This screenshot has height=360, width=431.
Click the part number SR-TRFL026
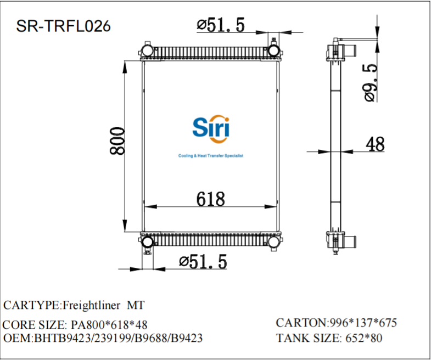click(x=63, y=25)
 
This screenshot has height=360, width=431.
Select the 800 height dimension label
click(x=117, y=141)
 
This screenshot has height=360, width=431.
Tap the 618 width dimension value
click(x=211, y=199)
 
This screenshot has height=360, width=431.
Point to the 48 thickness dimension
click(x=375, y=144)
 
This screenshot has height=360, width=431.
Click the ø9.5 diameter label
click(x=370, y=82)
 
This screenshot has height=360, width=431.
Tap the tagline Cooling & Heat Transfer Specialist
click(x=211, y=156)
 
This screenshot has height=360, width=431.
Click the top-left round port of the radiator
click(x=147, y=51)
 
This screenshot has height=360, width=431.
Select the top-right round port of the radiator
click(x=273, y=51)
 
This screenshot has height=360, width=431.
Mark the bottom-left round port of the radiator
click(x=147, y=242)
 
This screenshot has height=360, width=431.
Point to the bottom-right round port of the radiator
click(x=273, y=242)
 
